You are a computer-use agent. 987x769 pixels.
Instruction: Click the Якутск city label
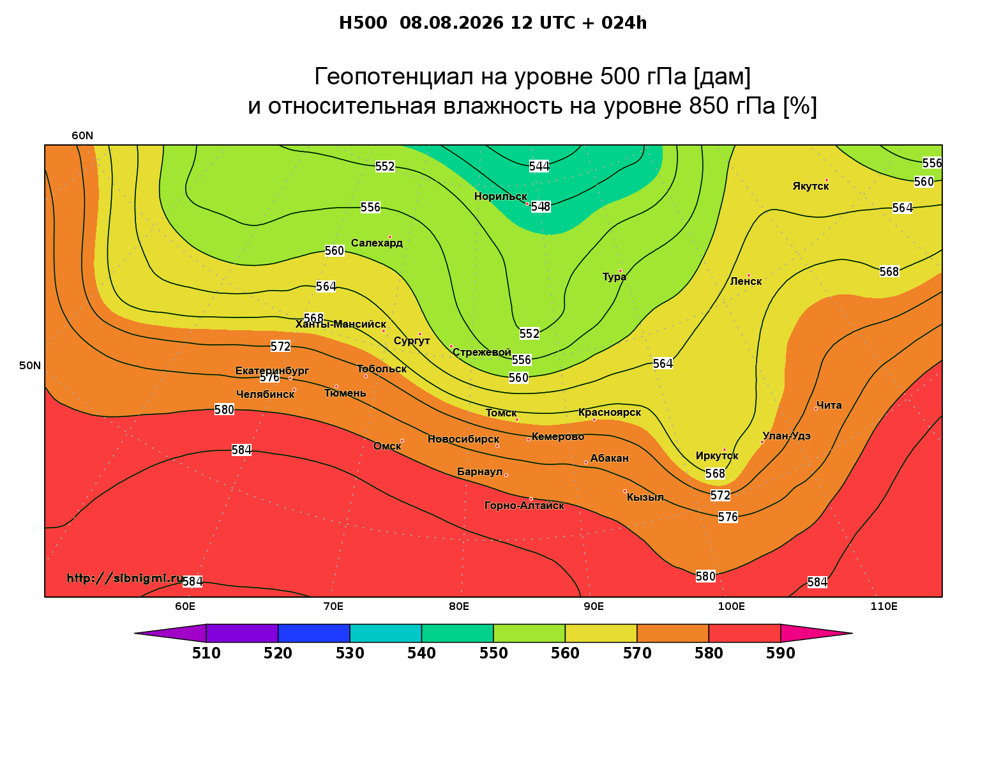[x=810, y=187]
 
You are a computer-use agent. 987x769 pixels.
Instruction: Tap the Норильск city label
[x=501, y=197]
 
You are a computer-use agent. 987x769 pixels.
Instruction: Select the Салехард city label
[x=377, y=243]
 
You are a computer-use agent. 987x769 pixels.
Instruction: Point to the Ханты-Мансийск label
[x=340, y=324]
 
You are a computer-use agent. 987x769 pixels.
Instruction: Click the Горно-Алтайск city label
[x=524, y=506]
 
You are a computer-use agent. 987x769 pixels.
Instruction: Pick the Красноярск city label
[x=609, y=413]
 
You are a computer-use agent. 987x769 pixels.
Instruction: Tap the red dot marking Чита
[x=815, y=409]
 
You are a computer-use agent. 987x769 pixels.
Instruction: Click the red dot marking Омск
[x=402, y=441]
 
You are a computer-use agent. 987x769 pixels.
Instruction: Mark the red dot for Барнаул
[x=506, y=475]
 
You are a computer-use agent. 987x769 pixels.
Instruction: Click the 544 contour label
[x=539, y=166]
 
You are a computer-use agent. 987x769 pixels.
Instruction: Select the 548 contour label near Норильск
[x=541, y=207]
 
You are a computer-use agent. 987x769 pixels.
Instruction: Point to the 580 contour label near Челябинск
[x=224, y=409]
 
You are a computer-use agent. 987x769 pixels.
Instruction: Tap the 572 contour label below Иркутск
[x=720, y=496]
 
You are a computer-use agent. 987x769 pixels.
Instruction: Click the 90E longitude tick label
[x=594, y=607]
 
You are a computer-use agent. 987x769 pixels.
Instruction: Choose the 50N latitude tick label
[x=30, y=365]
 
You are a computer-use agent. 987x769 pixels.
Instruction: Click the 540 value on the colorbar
[x=421, y=653]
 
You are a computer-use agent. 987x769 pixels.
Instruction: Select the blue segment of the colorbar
[x=314, y=633]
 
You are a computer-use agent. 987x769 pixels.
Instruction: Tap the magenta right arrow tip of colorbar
[x=852, y=633]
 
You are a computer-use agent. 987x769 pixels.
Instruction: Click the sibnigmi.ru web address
[x=125, y=578]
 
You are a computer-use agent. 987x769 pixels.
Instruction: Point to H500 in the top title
[x=363, y=23]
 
